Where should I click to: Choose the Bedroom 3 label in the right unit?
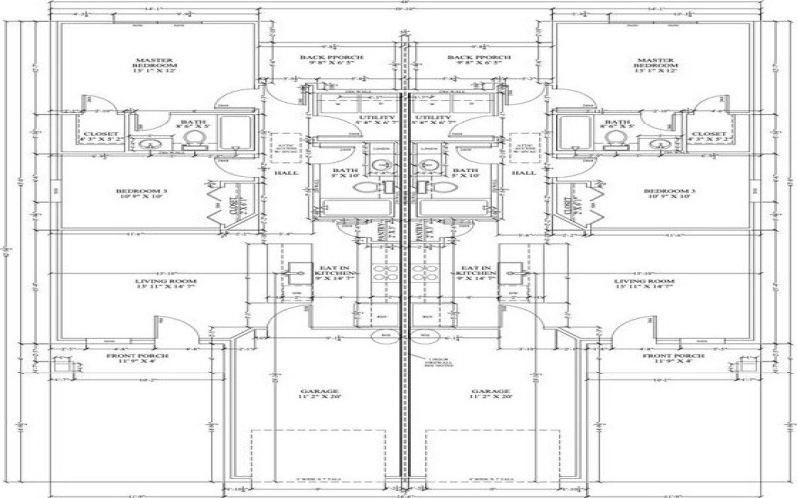pos(663,192)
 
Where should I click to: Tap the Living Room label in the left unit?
pos(153,284)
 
